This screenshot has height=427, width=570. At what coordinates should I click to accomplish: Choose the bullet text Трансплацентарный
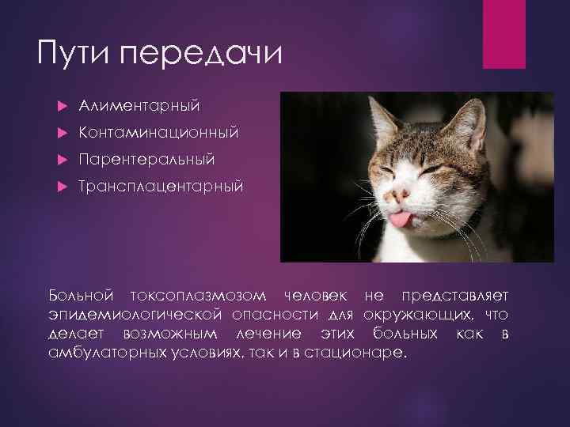pos(161,187)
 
